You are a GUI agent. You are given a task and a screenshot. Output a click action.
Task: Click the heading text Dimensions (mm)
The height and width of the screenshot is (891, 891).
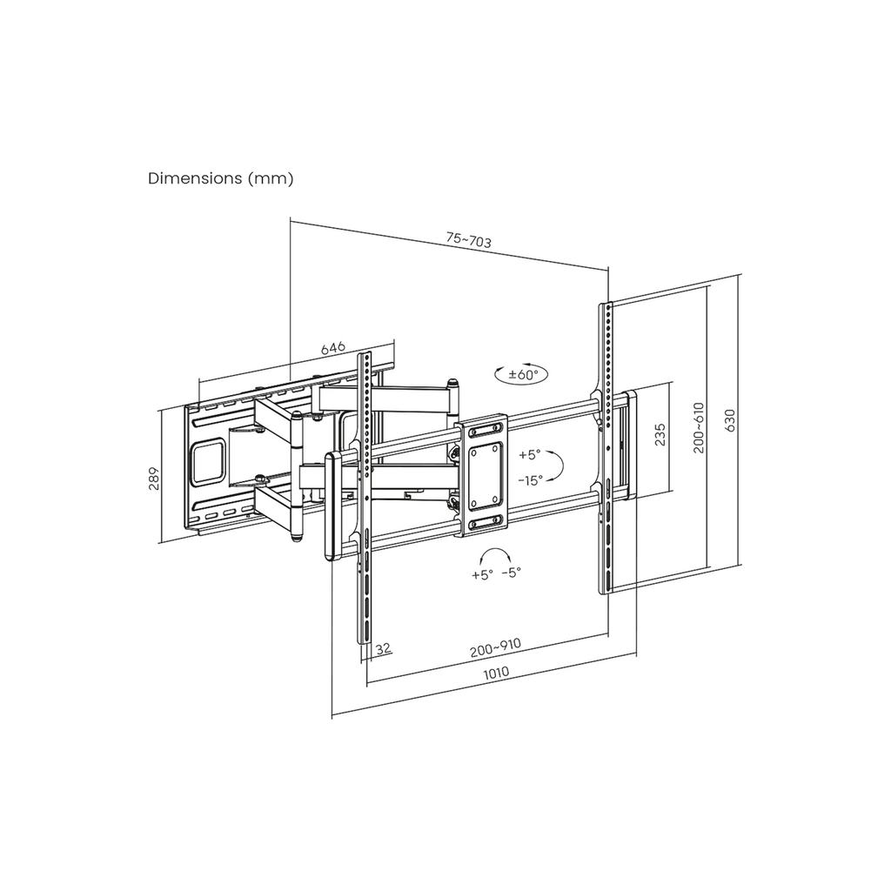click(x=220, y=178)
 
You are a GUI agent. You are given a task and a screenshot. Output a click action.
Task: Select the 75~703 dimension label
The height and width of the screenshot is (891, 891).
click(x=469, y=240)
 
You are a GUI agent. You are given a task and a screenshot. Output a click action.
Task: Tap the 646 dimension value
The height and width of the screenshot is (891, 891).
click(x=333, y=348)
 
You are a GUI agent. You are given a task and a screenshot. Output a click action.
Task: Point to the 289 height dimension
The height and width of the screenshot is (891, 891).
click(x=154, y=478)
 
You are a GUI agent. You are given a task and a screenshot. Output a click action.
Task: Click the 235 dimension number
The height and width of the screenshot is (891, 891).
click(x=660, y=434)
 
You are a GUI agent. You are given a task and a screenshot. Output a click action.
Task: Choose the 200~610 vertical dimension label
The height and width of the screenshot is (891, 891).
click(x=699, y=427)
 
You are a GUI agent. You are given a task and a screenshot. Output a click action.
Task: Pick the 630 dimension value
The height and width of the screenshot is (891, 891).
click(x=730, y=420)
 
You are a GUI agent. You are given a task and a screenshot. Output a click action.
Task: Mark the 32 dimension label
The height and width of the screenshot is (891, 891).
click(x=384, y=647)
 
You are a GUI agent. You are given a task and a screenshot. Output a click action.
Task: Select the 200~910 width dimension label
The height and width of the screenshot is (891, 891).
click(x=495, y=648)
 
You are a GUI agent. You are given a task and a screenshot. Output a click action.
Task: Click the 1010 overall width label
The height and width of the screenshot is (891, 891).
click(x=496, y=673)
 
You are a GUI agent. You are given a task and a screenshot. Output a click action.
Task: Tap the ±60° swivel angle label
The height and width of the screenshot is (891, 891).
click(x=523, y=374)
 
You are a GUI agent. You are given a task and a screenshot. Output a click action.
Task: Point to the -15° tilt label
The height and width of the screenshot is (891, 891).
click(x=530, y=480)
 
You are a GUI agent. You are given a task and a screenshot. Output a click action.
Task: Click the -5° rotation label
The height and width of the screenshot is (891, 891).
click(x=512, y=573)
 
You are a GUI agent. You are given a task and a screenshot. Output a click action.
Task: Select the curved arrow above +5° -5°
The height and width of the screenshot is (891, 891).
click(x=494, y=555)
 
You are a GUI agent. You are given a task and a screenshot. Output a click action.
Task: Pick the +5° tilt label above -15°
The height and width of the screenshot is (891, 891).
click(x=530, y=455)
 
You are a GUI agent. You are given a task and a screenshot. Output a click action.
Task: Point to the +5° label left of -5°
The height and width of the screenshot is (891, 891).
click(x=482, y=575)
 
